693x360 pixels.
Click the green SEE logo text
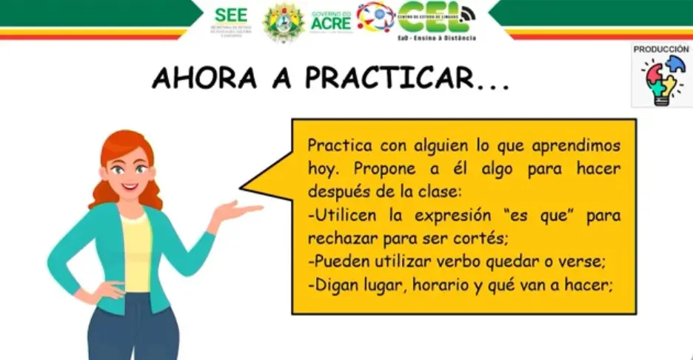(230, 15)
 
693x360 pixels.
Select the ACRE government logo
(331, 21)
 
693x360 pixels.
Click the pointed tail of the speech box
(255, 182)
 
